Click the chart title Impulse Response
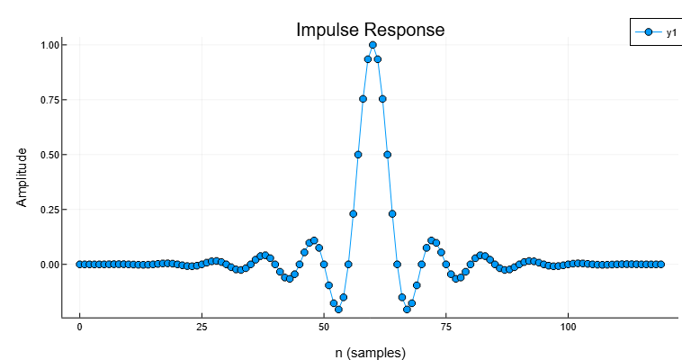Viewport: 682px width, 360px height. tap(370, 30)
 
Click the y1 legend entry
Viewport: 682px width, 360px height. tap(670, 32)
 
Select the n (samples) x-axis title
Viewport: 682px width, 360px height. tap(370, 353)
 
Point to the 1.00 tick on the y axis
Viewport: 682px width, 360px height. tap(49, 45)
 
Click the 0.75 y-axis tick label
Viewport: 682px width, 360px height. tap(49, 100)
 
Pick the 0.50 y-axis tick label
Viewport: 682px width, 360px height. tap(49, 155)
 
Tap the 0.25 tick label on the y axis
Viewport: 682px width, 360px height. tap(49, 210)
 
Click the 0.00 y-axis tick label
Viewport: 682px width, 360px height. tap(49, 265)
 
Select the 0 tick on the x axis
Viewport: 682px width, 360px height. tap(79, 328)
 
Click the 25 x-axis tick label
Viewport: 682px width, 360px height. tap(202, 328)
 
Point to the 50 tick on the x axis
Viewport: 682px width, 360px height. tap(324, 328)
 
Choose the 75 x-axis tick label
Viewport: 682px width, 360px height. tap(446, 328)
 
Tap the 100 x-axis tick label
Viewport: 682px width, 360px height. tap(569, 328)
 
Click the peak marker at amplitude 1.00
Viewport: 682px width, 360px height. tap(372, 45)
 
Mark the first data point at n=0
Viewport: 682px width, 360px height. tap(79, 265)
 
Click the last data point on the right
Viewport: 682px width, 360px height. tap(660, 265)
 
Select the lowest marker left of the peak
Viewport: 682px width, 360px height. tap(338, 309)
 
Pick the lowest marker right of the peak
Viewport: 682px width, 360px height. tap(407, 309)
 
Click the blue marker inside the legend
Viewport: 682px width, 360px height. tap(648, 32)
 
